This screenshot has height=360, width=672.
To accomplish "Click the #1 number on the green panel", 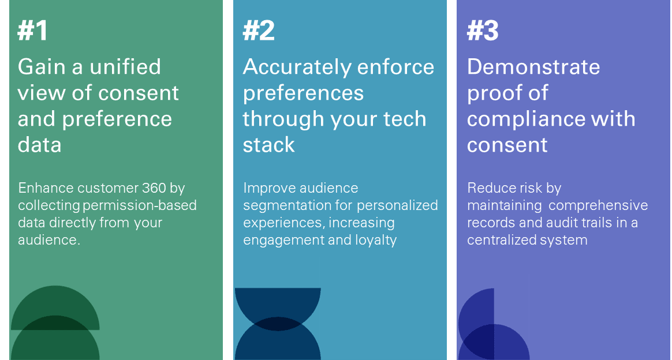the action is (x=32, y=31).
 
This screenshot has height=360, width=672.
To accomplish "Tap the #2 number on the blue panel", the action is (x=259, y=31).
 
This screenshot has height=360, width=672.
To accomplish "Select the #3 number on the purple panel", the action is (x=483, y=31).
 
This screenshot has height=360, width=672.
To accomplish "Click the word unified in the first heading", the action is (x=125, y=67).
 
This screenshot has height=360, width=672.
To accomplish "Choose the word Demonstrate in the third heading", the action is (x=533, y=67).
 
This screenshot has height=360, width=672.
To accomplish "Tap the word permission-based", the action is (x=139, y=205).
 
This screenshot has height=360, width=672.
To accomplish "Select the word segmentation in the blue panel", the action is (x=285, y=206).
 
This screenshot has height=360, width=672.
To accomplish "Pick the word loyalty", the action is (x=376, y=240).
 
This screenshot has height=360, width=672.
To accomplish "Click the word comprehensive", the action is (x=598, y=206).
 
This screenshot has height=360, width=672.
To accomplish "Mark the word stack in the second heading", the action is (x=268, y=145).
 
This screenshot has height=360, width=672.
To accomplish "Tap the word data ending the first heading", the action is (x=39, y=145).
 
